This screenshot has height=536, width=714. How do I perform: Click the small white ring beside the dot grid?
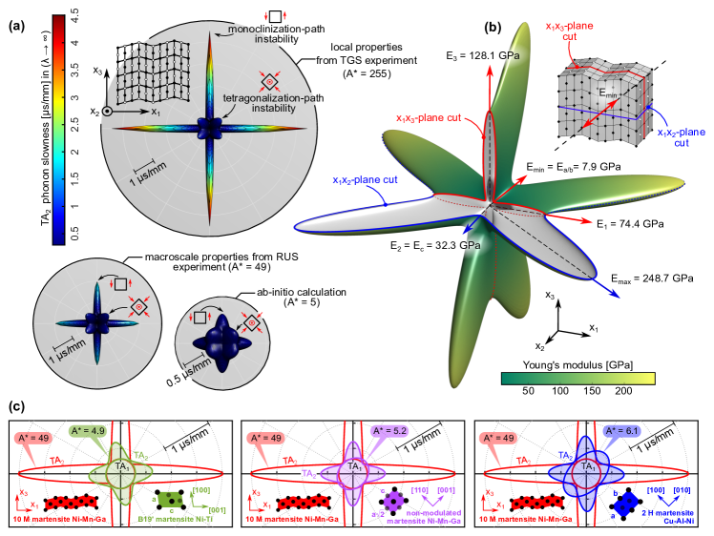(x=107, y=112)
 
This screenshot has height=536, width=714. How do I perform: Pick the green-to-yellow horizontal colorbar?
(x=577, y=379)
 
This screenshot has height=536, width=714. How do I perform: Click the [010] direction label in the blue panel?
(x=682, y=489)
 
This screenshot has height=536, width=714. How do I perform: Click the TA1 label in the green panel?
(x=121, y=466)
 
